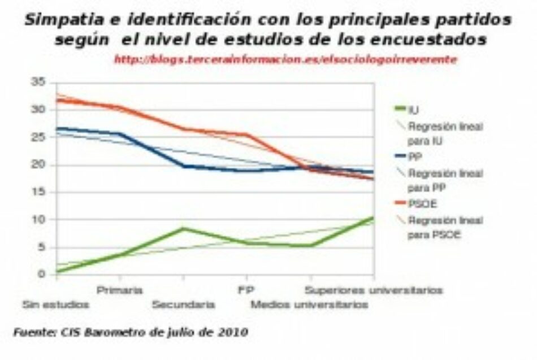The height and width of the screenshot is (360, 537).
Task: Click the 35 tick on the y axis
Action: coord(38,83)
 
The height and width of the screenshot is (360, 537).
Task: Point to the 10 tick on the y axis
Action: coord(38,220)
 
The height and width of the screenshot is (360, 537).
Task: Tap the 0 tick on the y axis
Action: coord(41,275)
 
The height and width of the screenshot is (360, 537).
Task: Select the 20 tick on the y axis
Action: coord(38,165)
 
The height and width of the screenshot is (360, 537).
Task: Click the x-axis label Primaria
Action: coord(119,290)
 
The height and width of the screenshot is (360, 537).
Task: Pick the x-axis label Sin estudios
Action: coord(55,305)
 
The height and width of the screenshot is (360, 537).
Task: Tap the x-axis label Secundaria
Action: coord(183,305)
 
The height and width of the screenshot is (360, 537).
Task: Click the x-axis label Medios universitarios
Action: coord(310,305)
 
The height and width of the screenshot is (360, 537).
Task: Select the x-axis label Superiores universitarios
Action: coord(373,290)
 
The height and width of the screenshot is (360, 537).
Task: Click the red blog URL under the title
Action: coord(285,59)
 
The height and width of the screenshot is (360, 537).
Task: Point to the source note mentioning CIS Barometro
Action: coord(131,332)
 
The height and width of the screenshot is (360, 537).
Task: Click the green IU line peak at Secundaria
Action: coord(183,229)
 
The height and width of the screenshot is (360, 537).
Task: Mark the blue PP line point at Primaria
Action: coord(119,134)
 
